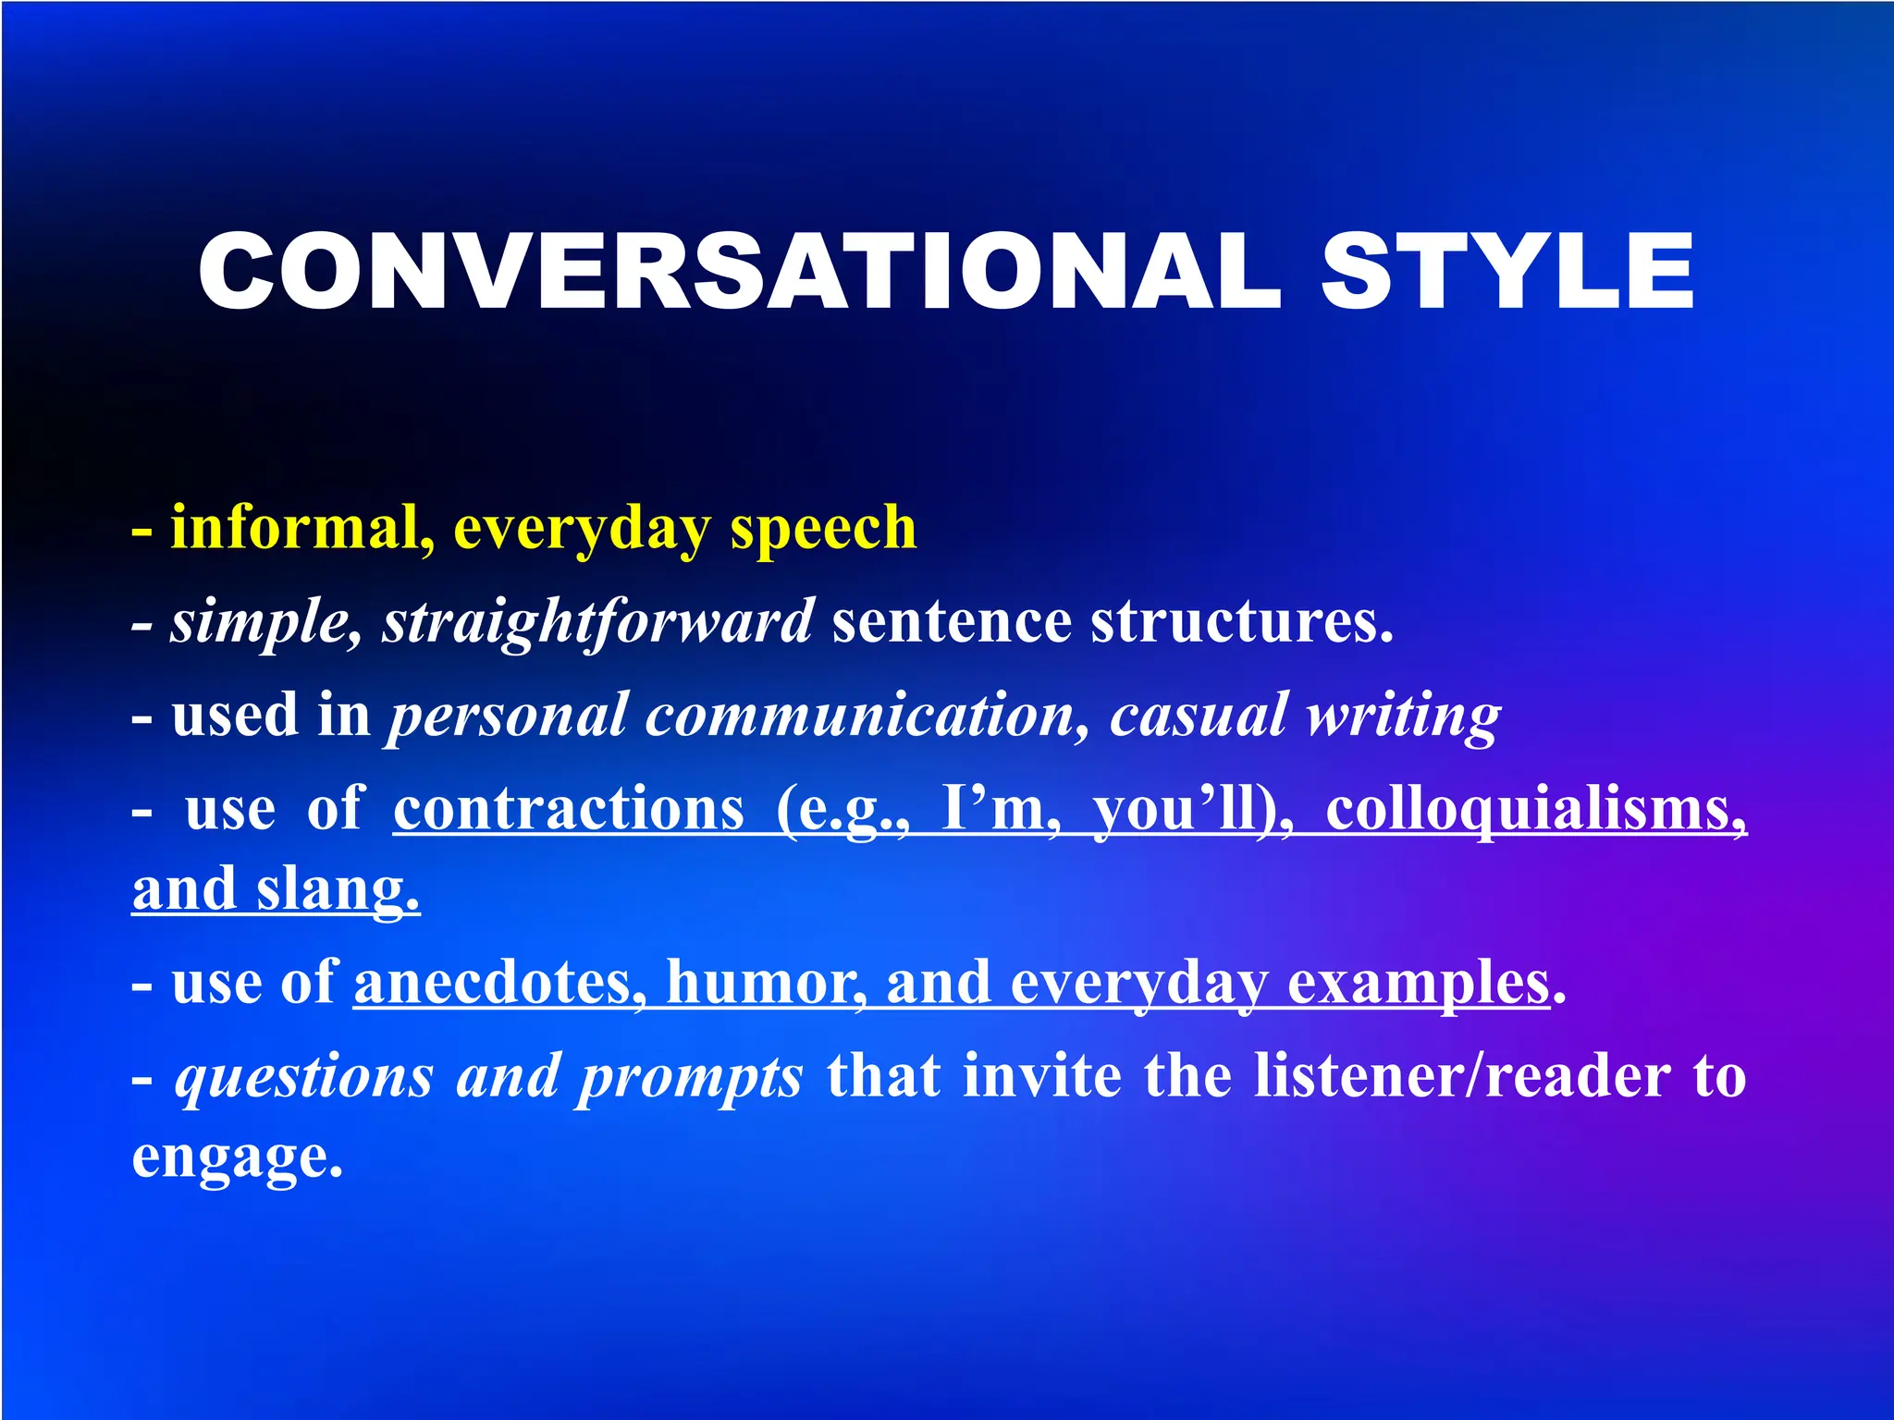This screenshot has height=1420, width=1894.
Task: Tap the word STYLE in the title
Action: [1507, 271]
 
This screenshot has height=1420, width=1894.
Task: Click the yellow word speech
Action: [823, 528]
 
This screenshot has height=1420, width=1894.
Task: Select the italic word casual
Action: [1199, 716]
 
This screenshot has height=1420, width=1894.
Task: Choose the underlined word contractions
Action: [569, 810]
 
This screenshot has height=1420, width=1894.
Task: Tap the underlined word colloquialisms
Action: [1536, 810]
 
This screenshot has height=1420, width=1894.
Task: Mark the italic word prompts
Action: [690, 1077]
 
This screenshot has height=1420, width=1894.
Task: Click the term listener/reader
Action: [1462, 1077]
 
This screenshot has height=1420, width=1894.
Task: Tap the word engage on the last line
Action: [237, 1157]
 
